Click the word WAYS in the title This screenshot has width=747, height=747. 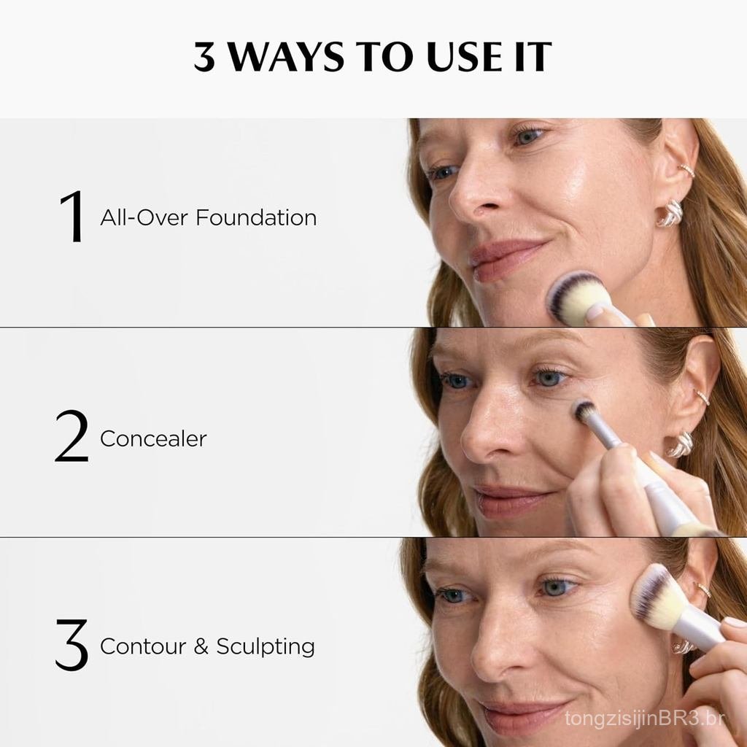285,57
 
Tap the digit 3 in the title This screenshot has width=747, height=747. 204,57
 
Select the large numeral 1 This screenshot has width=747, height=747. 73,216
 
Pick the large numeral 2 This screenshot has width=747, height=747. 71,436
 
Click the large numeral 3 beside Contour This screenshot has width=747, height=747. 71,645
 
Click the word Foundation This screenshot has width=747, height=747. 256,217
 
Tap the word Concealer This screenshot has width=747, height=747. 153,438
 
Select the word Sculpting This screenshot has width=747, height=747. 266,648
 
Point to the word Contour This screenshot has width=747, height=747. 143,646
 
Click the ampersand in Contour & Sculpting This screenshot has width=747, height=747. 201,646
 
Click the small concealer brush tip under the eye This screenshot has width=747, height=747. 584,411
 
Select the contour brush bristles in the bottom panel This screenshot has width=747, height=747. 657,595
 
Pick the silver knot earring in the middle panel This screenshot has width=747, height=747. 680,445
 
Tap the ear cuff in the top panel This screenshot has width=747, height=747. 686,169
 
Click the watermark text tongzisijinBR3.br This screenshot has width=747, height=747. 645,718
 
